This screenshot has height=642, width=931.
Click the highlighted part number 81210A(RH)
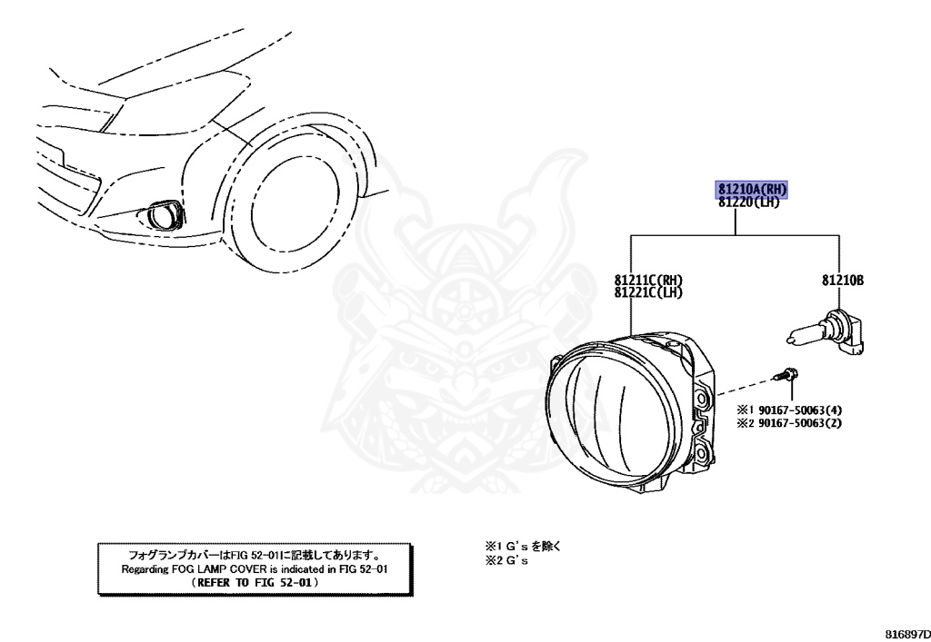point(752,189)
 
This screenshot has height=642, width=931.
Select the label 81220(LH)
point(748,202)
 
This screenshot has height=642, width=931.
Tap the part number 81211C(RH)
point(648,280)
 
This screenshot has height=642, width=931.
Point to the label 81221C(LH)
point(648,292)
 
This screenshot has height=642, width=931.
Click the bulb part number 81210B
point(843,281)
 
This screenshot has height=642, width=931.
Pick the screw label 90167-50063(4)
point(800,410)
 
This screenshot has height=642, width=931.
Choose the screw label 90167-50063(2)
point(800,423)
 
